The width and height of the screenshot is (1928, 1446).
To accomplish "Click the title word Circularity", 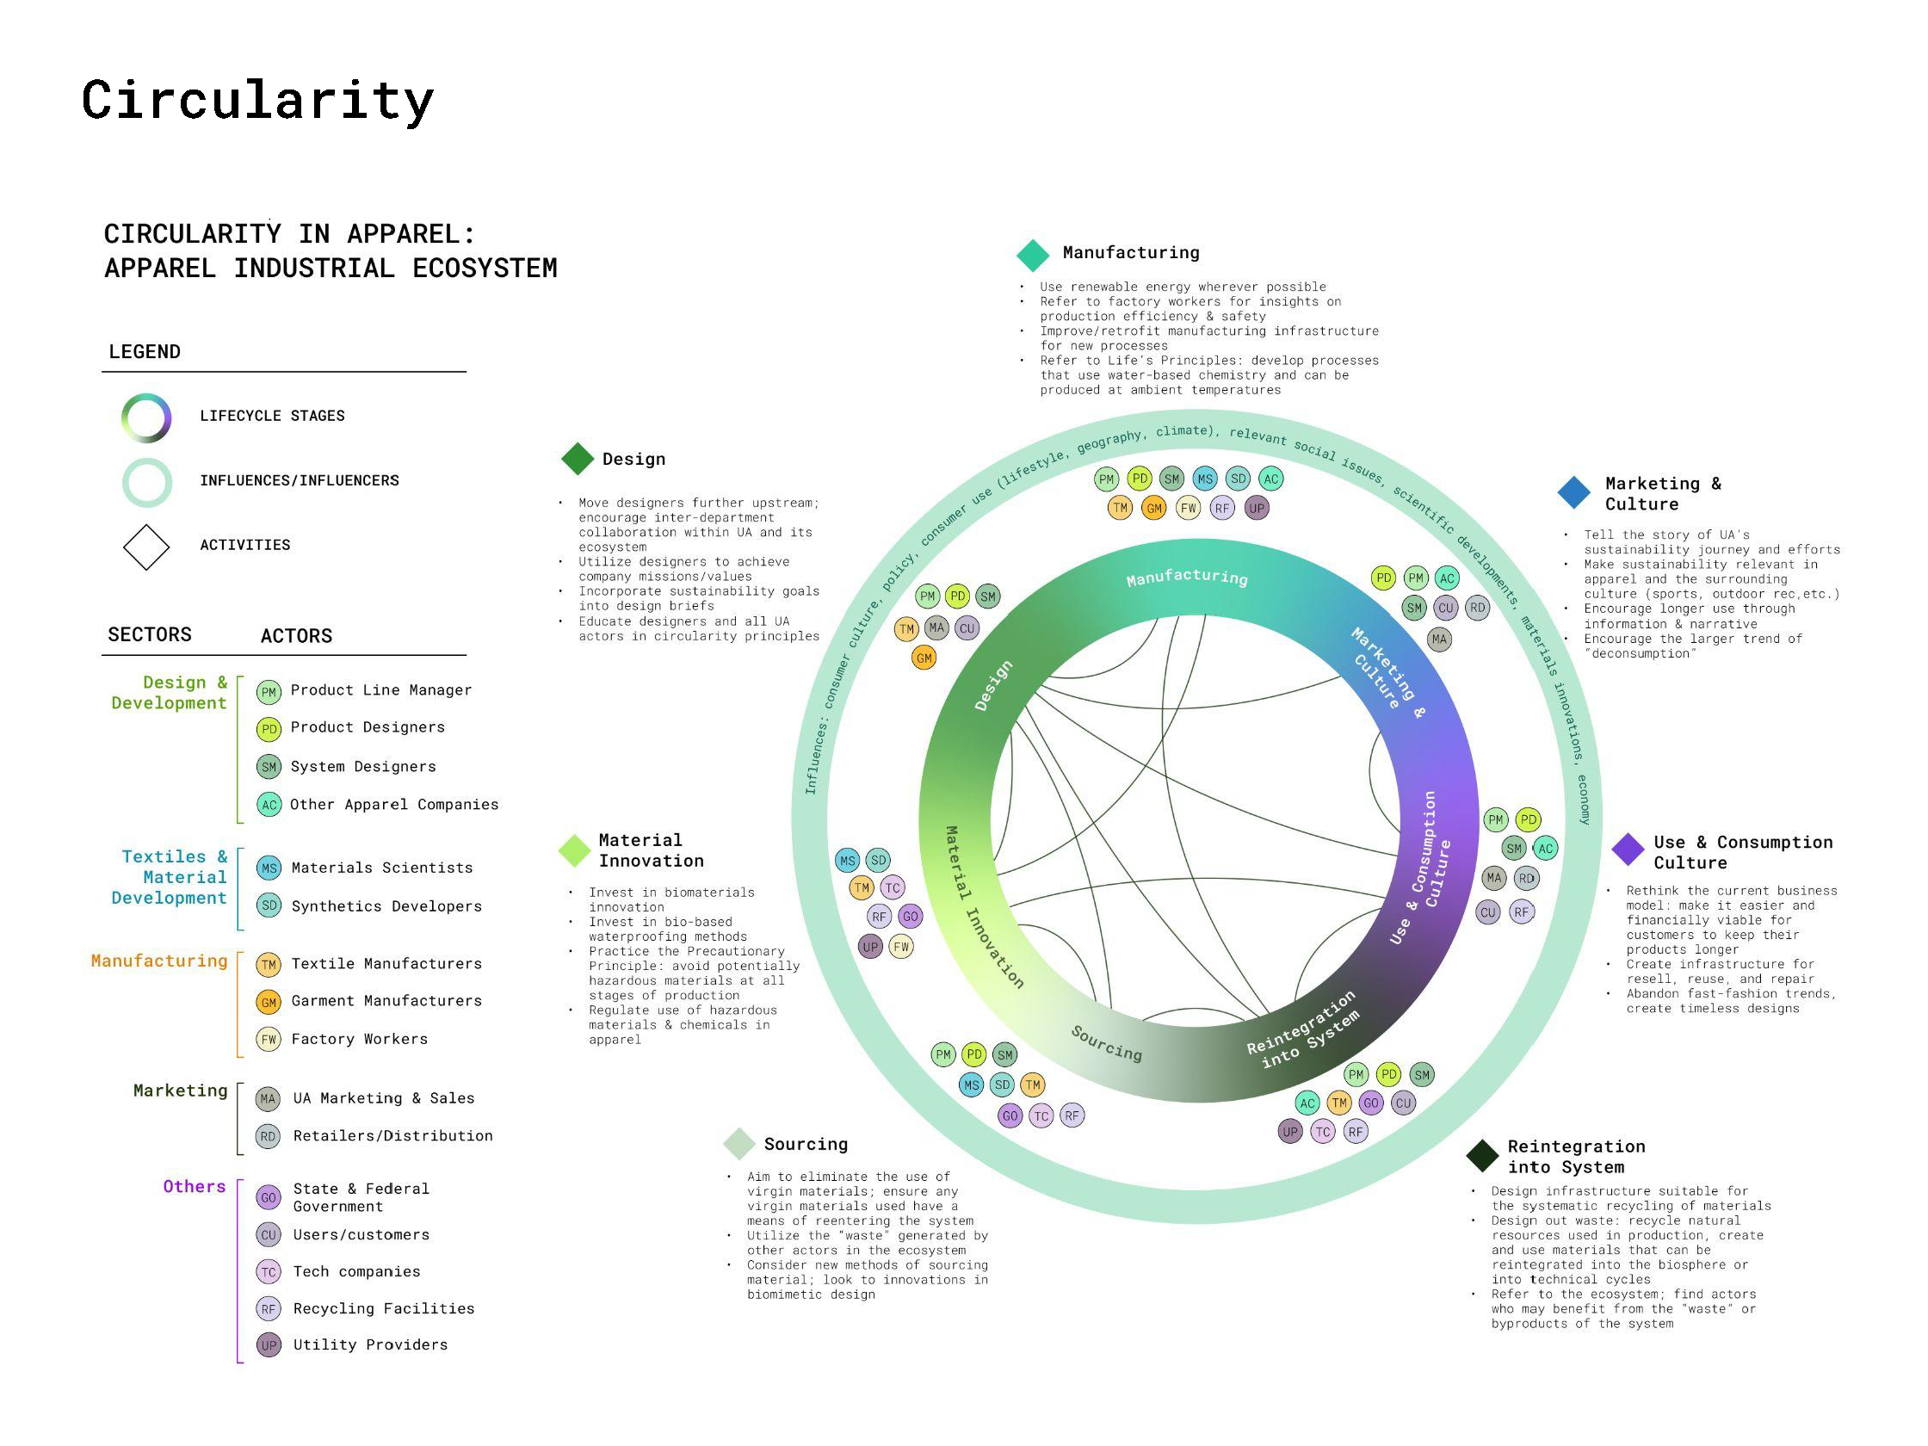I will coord(257,100).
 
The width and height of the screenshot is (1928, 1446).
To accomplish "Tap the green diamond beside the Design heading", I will coord(577,460).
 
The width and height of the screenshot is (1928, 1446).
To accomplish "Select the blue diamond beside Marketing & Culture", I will coord(1573,492).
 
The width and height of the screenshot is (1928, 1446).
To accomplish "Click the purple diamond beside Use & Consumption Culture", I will coord(1628,850).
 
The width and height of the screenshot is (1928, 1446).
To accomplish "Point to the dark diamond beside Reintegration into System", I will coord(1482,1155).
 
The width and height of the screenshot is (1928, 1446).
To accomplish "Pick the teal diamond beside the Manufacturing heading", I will coord(1033,256).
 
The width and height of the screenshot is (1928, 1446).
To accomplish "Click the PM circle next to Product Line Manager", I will coord(269,692).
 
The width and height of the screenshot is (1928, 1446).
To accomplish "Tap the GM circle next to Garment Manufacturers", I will coord(269,1003).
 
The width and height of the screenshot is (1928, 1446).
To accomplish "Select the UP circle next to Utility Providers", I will coord(269,1345).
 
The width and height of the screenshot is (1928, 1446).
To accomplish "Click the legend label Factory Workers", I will coord(359,1039).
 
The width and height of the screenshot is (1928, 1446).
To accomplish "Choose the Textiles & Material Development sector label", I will coord(170,877).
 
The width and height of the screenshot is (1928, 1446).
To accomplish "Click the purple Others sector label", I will coord(195,1186).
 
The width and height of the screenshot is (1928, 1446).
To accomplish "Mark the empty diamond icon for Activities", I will coord(146,547).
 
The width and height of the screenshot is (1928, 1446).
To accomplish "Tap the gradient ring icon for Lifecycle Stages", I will coord(146,417).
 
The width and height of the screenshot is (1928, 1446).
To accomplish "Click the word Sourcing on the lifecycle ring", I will coord(1106,1043).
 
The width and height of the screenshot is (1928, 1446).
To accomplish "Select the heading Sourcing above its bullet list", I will coord(806,1145).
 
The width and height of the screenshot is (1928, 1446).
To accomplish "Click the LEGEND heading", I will coord(145,352).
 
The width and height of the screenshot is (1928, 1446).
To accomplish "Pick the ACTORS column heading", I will coord(296,636).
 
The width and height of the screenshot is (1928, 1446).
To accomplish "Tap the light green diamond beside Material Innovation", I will coord(574,850).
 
